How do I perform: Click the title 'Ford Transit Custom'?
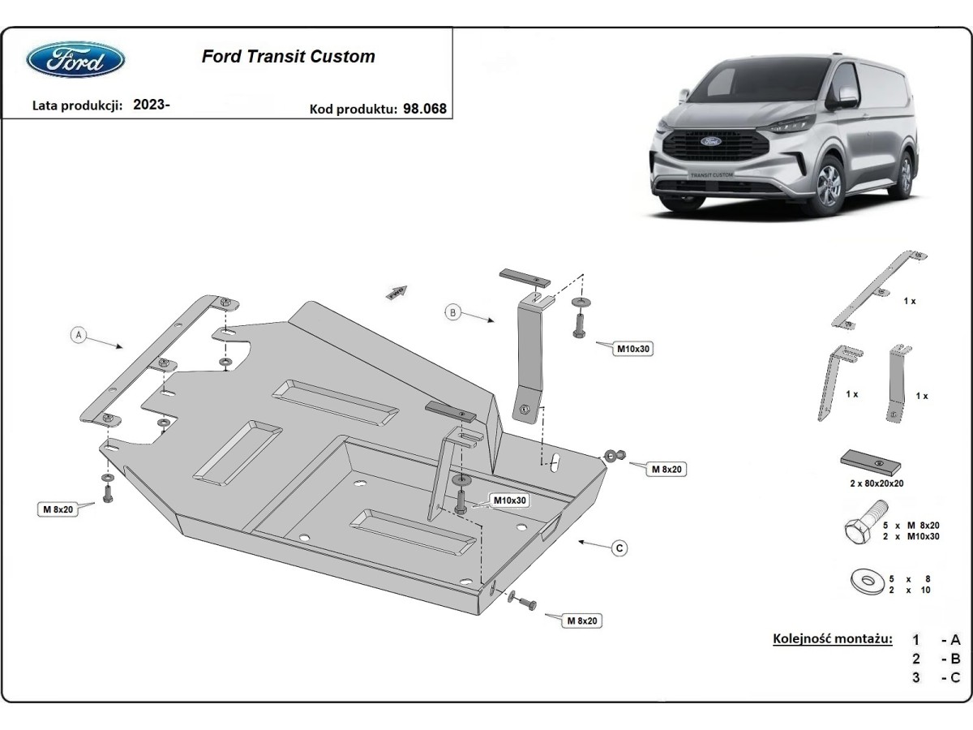coord(288,57)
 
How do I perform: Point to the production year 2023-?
coord(151,105)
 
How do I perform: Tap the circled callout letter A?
coord(79,335)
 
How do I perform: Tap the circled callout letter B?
coord(453,311)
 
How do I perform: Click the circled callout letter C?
coord(619,549)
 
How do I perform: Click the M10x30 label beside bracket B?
coord(634,349)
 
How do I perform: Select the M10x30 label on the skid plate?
coord(509,500)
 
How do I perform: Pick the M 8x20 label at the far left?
coord(58,509)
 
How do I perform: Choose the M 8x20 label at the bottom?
coord(582,620)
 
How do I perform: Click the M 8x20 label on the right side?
coord(666,469)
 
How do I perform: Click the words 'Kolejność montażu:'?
coord(833,639)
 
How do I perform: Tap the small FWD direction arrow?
coord(396,293)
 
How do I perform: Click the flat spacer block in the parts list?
coord(872,462)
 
